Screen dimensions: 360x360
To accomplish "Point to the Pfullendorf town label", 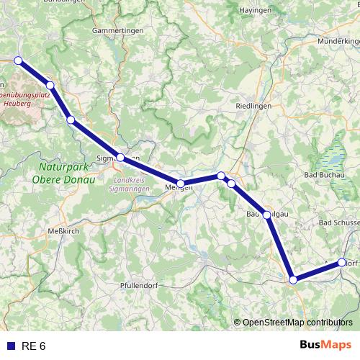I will [141, 286].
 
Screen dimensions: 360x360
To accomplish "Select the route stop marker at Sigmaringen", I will [121, 158].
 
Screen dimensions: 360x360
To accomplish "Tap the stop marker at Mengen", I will [181, 184].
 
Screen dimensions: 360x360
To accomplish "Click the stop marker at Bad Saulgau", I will [267, 215].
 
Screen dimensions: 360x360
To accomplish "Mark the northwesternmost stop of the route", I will [18, 60].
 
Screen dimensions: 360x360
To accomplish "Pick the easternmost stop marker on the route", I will [342, 263].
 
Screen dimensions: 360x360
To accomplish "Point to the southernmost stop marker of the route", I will [293, 279].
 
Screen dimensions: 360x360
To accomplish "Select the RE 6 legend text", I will [34, 346].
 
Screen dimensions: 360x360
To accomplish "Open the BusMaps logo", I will [326, 345].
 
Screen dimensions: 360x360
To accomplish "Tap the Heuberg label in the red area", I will [17, 103].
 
